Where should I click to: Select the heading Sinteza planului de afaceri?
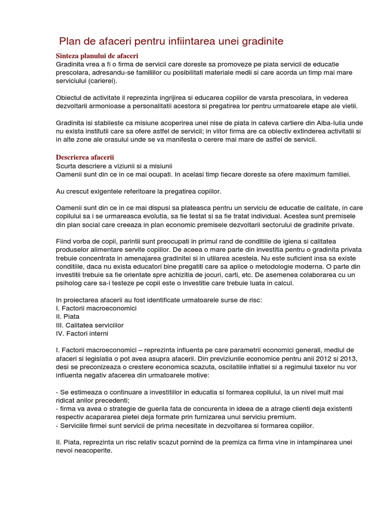click(96, 56)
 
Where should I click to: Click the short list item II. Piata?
click(68, 317)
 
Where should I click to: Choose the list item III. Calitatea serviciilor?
click(90, 325)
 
